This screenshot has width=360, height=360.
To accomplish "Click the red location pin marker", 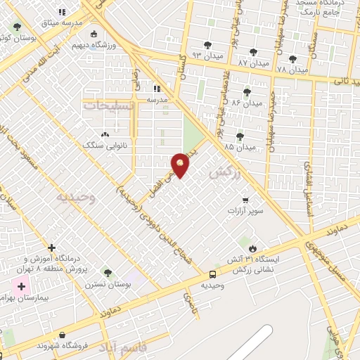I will click(181, 165).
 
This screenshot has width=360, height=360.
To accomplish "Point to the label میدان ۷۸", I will click(291, 70).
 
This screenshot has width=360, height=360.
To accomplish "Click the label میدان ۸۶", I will click(246, 103).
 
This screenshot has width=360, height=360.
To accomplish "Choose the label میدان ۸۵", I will click(239, 148).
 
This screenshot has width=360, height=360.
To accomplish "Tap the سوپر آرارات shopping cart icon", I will click(245, 200).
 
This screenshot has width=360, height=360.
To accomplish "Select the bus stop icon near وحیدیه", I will click(212, 274).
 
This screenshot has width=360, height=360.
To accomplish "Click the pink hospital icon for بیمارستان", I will click(21, 286).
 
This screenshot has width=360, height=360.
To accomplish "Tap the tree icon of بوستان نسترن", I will click(107, 273).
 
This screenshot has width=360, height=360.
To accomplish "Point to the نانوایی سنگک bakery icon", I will click(105, 134).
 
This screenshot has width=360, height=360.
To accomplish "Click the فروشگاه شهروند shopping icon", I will click(63, 335).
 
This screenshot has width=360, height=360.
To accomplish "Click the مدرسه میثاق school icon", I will click(62, 12).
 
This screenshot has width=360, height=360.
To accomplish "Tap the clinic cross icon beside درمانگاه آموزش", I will click(51, 247).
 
